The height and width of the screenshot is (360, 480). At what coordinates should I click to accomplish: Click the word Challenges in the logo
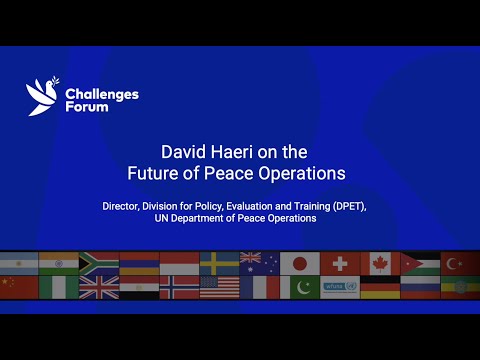(101, 94)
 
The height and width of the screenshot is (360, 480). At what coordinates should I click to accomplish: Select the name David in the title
(182, 152)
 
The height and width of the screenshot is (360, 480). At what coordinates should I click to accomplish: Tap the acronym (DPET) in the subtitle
(346, 206)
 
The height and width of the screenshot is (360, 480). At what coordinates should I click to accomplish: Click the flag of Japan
(299, 263)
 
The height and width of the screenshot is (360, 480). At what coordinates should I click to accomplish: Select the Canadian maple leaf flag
(380, 263)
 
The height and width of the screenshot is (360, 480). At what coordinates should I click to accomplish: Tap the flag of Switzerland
(340, 263)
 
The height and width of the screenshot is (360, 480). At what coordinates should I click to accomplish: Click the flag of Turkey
(460, 263)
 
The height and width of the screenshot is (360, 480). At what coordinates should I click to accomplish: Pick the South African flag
(99, 263)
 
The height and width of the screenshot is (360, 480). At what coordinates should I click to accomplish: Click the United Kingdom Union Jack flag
(99, 287)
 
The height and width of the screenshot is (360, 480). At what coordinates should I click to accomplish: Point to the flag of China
(18, 287)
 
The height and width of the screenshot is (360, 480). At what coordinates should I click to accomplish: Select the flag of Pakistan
(299, 287)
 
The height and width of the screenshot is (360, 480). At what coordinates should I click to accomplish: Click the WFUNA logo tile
(340, 287)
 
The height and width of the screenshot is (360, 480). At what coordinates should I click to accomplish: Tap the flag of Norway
(180, 287)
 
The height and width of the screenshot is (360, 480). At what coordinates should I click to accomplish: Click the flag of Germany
(380, 287)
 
